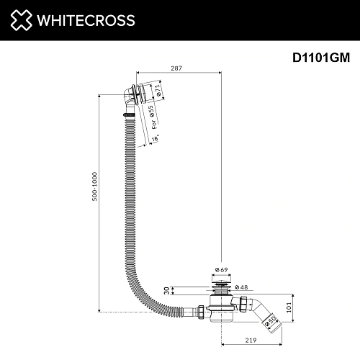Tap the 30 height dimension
(166, 290)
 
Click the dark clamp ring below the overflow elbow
(128, 114)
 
